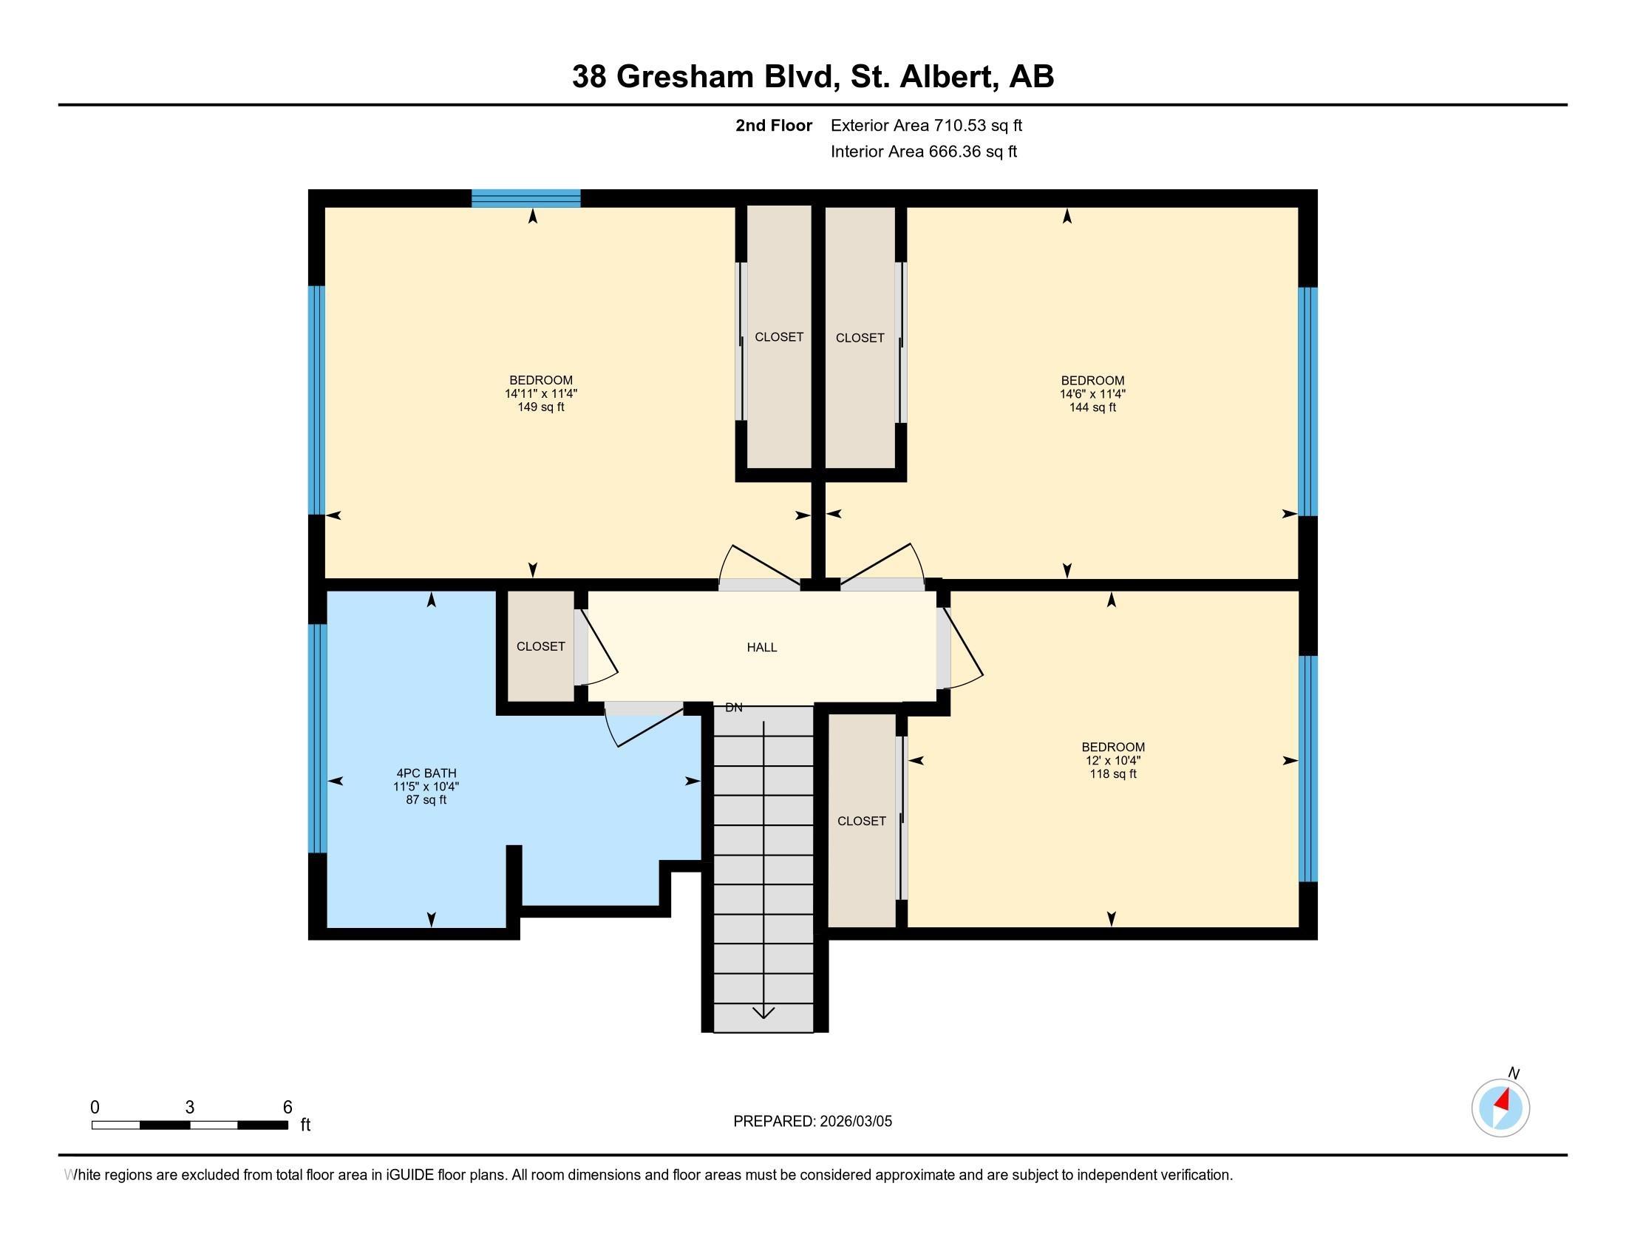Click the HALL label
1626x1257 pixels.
(761, 647)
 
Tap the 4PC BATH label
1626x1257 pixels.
(426, 773)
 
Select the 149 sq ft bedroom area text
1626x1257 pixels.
(540, 407)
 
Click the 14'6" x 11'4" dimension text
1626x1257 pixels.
(1092, 394)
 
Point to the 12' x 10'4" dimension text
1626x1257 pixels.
(1112, 760)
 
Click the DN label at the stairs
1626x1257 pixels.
(733, 708)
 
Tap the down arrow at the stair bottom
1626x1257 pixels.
(763, 1013)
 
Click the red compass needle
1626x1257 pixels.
(1503, 1101)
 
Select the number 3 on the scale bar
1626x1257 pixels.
(190, 1108)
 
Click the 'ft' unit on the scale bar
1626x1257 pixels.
(305, 1125)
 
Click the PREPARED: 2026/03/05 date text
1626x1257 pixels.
(812, 1122)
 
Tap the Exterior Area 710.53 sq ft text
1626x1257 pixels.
(926, 126)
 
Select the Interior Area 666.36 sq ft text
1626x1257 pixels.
(923, 152)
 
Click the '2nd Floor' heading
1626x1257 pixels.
(774, 126)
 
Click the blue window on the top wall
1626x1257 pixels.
(525, 198)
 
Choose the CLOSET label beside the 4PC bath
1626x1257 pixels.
(540, 646)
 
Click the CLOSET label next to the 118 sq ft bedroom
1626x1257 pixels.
(861, 821)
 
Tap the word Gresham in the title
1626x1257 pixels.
(685, 77)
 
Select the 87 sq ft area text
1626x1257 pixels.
(426, 800)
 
